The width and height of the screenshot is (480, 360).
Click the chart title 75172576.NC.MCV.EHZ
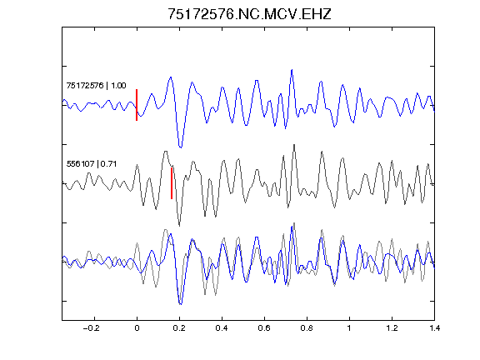(249, 14)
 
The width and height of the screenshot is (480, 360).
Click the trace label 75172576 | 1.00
(96, 85)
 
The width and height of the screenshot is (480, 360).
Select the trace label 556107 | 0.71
(92, 164)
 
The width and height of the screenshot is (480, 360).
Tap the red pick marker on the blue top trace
(137, 105)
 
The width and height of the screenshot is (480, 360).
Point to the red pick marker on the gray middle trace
(172, 183)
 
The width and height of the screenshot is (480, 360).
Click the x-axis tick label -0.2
(91, 328)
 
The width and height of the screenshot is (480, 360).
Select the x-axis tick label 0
(137, 328)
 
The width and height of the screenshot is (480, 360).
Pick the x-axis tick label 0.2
(179, 328)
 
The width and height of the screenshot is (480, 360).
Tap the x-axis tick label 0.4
(222, 328)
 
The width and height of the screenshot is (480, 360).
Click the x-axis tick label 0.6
(264, 328)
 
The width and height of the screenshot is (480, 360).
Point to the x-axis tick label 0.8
(307, 328)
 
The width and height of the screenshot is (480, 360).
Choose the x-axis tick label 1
(349, 328)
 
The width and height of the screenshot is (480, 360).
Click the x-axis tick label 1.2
(392, 328)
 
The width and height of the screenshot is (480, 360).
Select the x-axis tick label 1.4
(434, 328)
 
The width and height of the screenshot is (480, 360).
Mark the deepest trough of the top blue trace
(181, 147)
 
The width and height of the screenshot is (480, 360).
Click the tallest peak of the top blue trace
(292, 70)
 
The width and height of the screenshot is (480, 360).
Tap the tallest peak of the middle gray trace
(294, 145)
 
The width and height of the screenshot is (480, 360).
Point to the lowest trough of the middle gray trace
(179, 226)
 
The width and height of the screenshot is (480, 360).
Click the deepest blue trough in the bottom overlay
(181, 304)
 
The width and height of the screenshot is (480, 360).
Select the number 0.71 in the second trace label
(108, 164)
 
